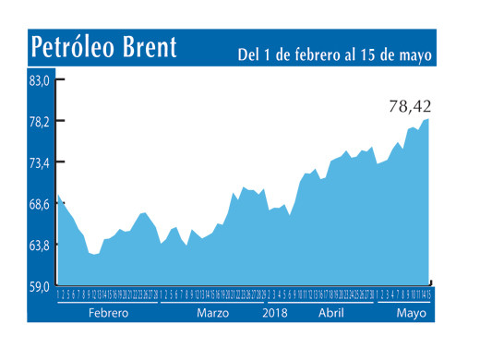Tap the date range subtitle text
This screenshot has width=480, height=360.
334,54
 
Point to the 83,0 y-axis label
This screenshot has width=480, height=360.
39,80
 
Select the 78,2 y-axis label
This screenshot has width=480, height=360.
39,122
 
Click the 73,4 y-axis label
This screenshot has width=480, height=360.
39,162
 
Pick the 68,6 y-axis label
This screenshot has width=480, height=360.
39,204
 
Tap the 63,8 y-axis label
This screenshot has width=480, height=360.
39,246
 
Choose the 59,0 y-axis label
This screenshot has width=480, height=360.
39,287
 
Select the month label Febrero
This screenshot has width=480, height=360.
109,313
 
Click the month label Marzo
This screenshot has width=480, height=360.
213,313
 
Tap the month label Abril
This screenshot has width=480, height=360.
330,313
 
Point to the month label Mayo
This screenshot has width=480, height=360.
412,313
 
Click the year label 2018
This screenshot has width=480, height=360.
276,313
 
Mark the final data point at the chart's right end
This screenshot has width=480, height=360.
429,118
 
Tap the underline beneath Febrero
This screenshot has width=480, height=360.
108,303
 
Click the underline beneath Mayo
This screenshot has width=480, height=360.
403,303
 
